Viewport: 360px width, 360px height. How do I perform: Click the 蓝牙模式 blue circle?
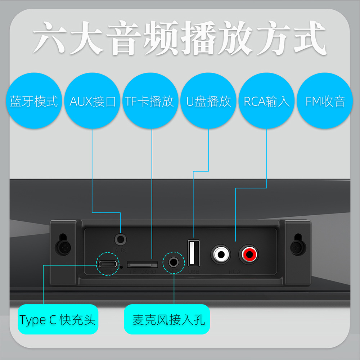pos(34,101)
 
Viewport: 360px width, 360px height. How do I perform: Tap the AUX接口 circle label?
pos(93,101)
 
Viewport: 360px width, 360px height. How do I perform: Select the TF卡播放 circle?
pos(150,101)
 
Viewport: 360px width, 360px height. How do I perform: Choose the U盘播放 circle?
pos(208,101)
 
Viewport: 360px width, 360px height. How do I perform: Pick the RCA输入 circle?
pos(267,101)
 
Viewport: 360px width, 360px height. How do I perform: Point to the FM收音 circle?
pos(325,101)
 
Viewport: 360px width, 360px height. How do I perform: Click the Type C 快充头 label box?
pos(58,319)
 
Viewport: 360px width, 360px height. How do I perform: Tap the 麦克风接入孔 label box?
pos(167,319)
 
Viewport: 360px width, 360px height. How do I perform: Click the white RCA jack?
pos(221,255)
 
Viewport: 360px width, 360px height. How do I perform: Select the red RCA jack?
pos(249,255)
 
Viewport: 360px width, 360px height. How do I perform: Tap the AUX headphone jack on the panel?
pos(121,239)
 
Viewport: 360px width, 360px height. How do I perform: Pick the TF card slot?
pos(143,265)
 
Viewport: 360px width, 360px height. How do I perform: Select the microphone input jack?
pos(174,262)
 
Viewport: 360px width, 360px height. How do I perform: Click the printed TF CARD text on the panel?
pos(143,272)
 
